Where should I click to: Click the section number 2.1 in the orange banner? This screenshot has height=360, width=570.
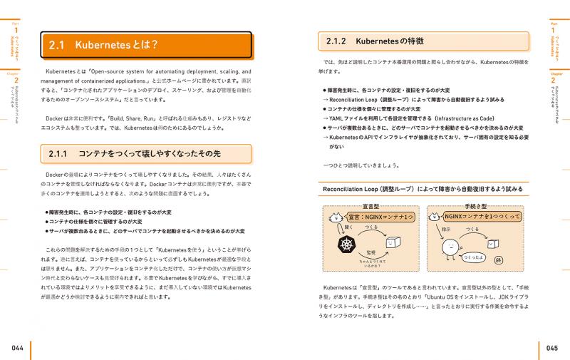pos(57,46)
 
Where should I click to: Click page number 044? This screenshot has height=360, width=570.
pos(17,347)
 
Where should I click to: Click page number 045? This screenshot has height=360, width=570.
pos(552,347)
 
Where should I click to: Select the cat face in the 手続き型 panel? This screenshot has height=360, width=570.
pos(434,215)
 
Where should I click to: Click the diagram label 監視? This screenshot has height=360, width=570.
pos(371,252)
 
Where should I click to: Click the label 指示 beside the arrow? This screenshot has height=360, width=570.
pos(446,229)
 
